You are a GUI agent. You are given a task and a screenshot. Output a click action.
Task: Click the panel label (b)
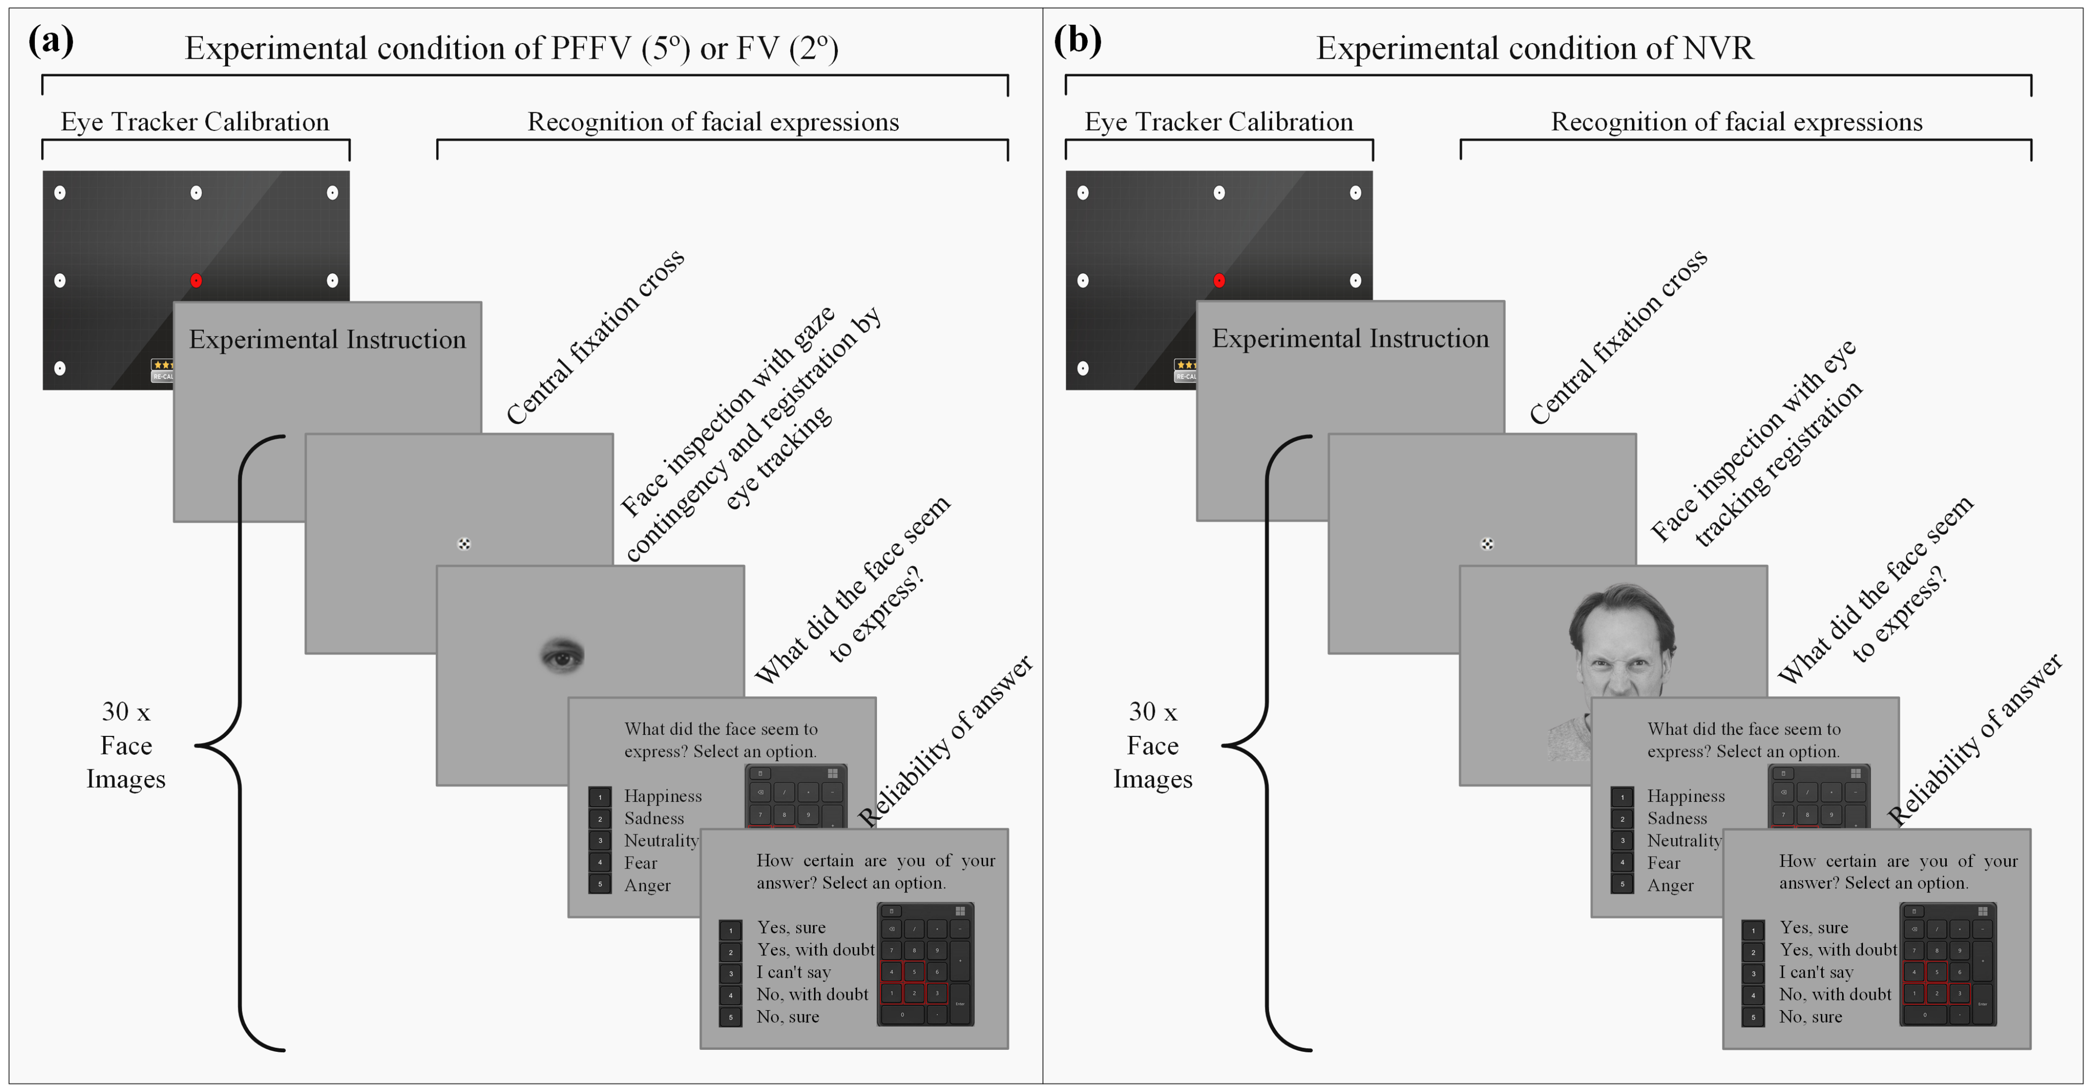click(x=1077, y=41)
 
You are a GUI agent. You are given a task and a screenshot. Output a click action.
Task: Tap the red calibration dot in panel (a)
click(x=196, y=280)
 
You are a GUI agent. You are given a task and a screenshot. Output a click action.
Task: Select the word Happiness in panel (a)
click(x=662, y=796)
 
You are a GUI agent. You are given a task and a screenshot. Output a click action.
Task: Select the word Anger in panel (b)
click(x=1670, y=885)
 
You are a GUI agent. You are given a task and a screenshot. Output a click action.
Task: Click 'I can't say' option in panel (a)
click(x=793, y=972)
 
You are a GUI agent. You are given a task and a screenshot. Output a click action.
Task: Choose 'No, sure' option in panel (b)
click(x=1810, y=1016)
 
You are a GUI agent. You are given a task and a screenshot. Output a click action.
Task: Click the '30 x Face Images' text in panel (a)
click(x=126, y=745)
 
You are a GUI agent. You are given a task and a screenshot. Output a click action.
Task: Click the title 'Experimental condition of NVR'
click(x=1534, y=49)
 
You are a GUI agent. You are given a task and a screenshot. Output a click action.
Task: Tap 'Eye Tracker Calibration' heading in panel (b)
click(x=1218, y=122)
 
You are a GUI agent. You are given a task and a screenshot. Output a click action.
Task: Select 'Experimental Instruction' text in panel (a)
click(x=327, y=339)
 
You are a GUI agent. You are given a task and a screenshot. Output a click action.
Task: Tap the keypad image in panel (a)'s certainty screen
click(x=925, y=965)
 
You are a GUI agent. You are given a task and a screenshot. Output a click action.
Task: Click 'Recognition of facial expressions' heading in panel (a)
click(x=713, y=122)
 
